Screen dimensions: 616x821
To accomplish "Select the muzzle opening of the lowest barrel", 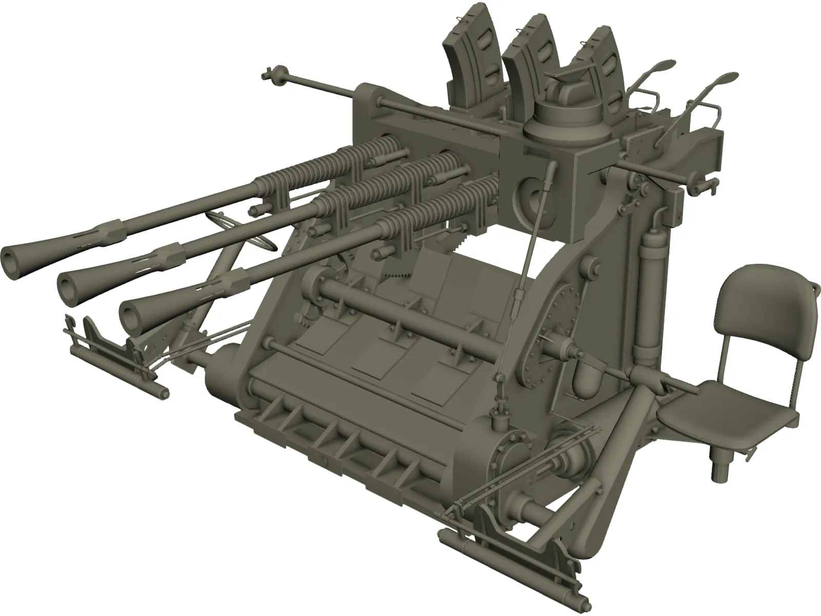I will (x=130, y=314).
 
